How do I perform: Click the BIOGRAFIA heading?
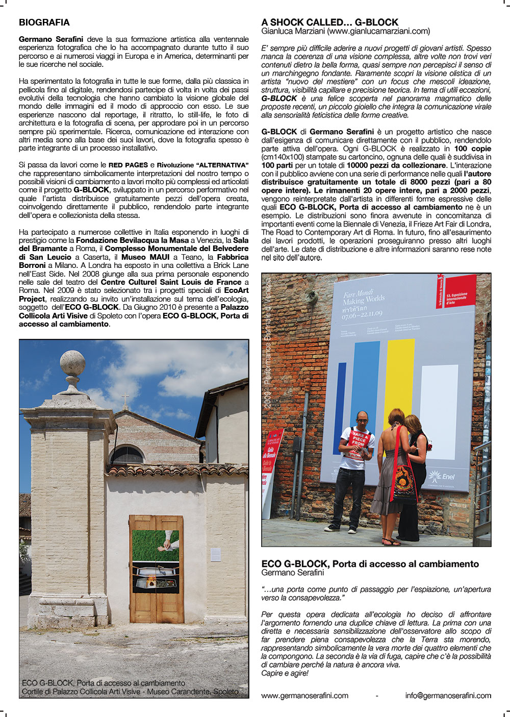coord(44,22)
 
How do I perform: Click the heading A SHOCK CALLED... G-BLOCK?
coord(329,22)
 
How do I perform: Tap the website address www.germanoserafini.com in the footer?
coord(304,696)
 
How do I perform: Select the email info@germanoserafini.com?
coord(448,696)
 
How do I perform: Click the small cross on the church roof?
coord(125,399)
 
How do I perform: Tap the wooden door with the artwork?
coord(156,568)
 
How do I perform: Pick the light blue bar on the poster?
coord(366,388)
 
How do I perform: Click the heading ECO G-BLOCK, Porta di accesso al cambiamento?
coord(370,564)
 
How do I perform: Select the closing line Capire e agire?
coord(285,674)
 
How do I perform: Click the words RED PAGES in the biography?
coord(128,165)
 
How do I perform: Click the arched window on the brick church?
coord(127,454)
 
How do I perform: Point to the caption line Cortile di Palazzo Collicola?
coord(130,691)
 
